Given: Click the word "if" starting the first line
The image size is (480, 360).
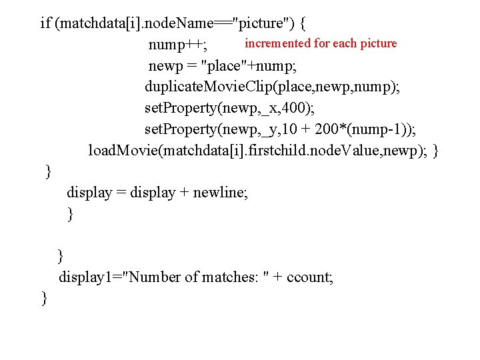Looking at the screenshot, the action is tap(45, 24).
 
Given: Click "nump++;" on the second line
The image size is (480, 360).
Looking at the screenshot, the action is tap(177, 45).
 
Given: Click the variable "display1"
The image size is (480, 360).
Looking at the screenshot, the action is tap(87, 277).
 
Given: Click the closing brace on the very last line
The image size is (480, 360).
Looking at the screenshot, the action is tap(44, 298).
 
